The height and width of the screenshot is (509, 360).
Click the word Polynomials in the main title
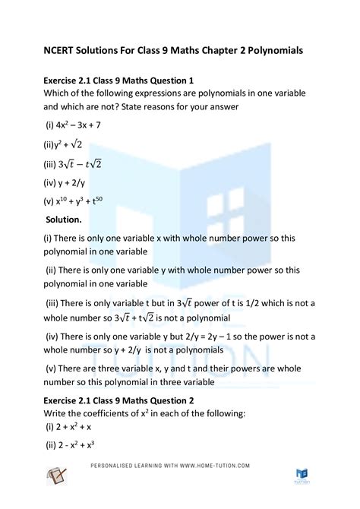click(270, 50)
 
